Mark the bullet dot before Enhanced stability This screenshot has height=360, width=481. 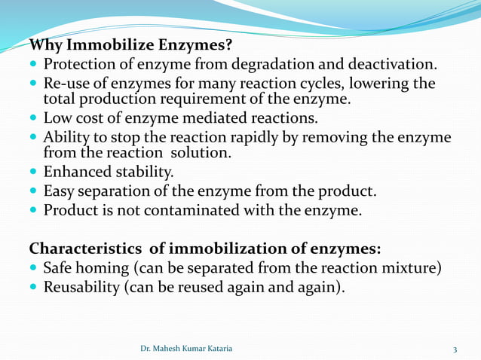(x=35, y=172)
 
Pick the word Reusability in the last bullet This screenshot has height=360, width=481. (x=81, y=287)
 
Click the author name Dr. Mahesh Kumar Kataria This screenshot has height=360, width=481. (x=186, y=348)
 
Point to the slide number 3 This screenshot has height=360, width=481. (x=455, y=348)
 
